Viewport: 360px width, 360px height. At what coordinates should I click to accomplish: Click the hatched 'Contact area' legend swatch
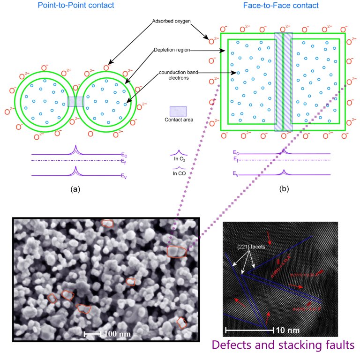(178, 111)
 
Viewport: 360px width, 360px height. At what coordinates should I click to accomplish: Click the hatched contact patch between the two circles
(75, 102)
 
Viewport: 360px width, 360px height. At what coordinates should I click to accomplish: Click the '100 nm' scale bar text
(117, 334)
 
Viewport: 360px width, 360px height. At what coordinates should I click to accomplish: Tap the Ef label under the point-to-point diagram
(123, 162)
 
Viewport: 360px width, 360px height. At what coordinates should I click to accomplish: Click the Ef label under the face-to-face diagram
(236, 160)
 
